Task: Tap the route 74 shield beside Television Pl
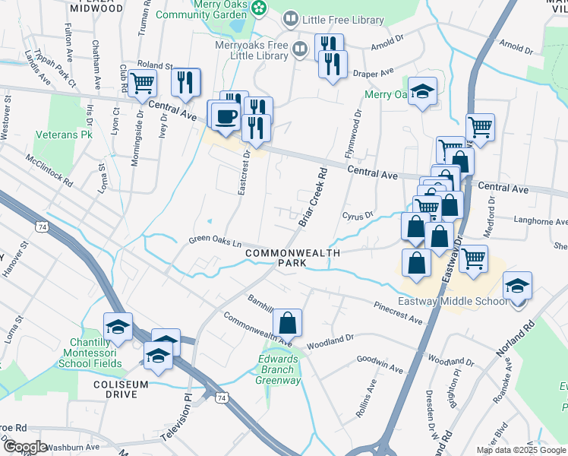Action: pos(221,397)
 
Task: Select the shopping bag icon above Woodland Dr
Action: pos(288,322)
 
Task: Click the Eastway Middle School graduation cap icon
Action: pos(518,286)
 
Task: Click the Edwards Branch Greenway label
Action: pos(278,370)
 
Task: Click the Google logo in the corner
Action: pos(24,447)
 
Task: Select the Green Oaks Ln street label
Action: pos(215,242)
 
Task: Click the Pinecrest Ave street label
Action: pos(397,312)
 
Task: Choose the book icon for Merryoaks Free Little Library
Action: pos(301,49)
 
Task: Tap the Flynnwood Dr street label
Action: pos(353,132)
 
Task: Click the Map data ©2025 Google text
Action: pos(520,450)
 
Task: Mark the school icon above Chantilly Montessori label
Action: pos(118,327)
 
